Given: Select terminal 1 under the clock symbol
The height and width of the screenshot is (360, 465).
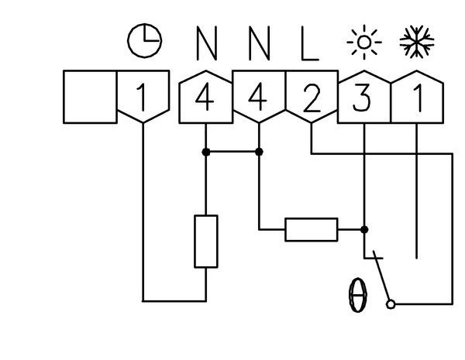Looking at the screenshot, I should point(142,98).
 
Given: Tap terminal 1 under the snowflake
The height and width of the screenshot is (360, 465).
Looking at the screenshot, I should point(416,98).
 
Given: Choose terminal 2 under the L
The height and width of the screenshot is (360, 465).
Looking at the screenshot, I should point(311,98).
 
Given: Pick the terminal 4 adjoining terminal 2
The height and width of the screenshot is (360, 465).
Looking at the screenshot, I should point(258,98).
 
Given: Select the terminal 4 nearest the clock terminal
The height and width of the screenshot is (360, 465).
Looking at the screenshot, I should point(205,98).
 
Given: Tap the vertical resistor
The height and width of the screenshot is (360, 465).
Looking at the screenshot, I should point(205,241).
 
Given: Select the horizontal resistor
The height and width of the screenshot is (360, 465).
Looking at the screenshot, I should point(312,229).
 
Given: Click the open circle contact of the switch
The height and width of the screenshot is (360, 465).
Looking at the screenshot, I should point(391,304).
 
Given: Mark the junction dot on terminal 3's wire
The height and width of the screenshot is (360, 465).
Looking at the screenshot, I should point(365,229).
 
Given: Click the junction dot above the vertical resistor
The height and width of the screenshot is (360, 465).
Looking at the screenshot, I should point(205,153).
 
